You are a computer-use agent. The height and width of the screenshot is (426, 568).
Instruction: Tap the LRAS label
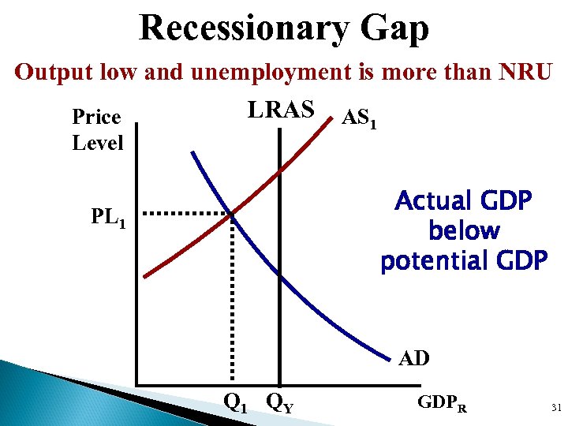coord(281,110)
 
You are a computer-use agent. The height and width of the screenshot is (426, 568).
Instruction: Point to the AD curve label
coord(414,358)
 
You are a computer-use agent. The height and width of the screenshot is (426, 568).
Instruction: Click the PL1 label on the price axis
coord(108,216)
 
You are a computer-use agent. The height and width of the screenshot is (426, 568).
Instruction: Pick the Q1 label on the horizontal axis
coord(234,403)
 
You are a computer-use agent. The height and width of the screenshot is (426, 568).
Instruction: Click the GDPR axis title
coord(442,404)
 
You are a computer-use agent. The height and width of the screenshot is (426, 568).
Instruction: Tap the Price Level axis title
coord(97,130)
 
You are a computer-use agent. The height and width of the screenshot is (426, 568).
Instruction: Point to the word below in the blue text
coord(464,230)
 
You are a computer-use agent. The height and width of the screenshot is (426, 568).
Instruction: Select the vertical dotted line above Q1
coord(232,300)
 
